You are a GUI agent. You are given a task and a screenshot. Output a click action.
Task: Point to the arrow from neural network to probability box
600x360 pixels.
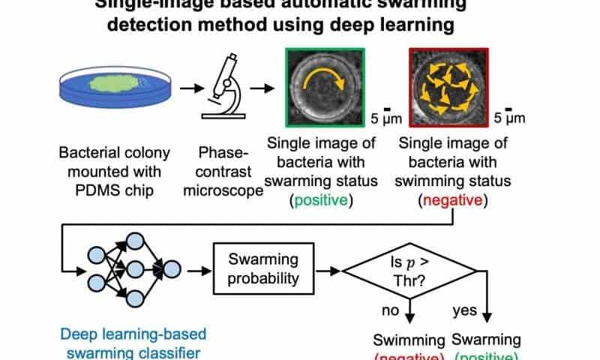[x=197, y=269]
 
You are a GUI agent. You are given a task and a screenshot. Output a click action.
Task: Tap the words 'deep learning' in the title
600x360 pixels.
[x=393, y=24]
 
